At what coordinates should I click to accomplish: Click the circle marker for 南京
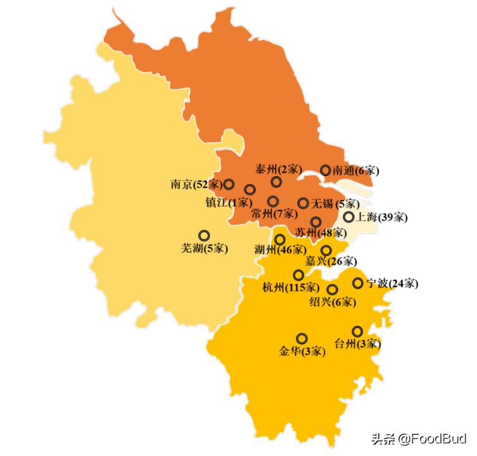tap(229, 184)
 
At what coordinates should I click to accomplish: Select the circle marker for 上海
tap(348, 217)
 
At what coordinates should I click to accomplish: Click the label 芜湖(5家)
tap(205, 248)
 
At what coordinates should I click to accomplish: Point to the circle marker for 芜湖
tap(204, 235)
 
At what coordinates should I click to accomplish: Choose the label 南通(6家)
tap(356, 170)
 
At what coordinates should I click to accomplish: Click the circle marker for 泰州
tap(276, 182)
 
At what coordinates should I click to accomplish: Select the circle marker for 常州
tap(272, 201)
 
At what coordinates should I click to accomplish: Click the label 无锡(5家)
tap(336, 204)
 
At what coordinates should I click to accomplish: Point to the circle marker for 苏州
tap(315, 222)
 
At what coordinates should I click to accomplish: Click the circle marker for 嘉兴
tap(326, 250)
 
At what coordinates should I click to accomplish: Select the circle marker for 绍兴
tap(332, 289)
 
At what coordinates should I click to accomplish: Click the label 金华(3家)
tap(302, 351)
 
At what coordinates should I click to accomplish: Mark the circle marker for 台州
tap(357, 331)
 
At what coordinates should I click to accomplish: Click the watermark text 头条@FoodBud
tap(419, 439)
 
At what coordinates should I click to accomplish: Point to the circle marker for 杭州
tap(298, 275)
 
